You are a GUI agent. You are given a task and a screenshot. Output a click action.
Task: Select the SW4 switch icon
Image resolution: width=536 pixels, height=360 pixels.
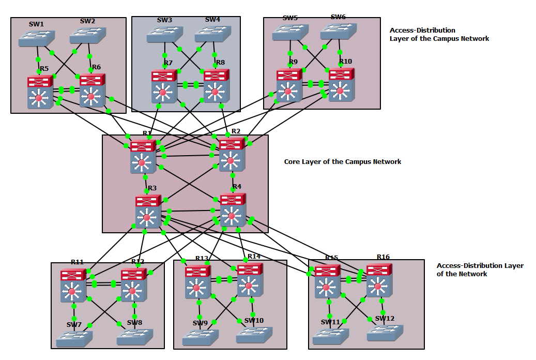point(212,34)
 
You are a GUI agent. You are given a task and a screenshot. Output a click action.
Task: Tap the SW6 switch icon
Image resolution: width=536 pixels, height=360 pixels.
point(339,31)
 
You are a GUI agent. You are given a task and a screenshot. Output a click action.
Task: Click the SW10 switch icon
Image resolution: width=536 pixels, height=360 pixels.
point(254,335)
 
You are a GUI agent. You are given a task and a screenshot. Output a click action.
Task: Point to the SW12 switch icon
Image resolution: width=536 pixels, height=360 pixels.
point(385,333)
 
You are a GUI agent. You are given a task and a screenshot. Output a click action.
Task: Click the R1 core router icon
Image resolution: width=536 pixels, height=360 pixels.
point(143,156)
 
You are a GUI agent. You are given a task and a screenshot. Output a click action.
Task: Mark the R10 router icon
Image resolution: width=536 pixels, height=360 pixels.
point(341,84)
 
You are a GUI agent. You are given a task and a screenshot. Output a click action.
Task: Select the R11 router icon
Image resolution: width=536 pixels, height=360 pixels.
point(73,286)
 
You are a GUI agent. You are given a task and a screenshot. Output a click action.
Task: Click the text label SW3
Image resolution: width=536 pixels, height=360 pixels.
point(164,20)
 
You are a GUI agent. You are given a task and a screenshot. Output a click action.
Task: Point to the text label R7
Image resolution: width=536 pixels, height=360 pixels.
point(168,63)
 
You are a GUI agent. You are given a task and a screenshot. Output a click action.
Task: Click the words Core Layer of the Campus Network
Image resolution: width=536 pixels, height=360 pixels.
point(342,162)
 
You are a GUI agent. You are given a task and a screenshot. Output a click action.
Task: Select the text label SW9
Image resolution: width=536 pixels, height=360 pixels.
point(200,323)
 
